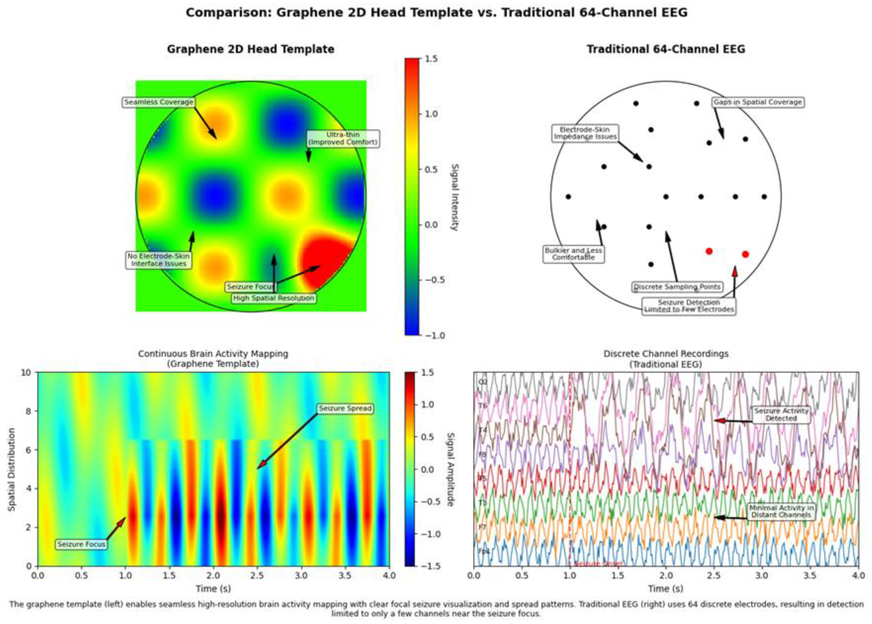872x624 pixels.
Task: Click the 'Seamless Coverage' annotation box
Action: click(159, 102)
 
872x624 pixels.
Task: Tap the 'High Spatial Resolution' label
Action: click(274, 298)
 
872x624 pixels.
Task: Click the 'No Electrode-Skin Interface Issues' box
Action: click(159, 260)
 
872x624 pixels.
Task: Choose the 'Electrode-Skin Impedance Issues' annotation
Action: click(585, 133)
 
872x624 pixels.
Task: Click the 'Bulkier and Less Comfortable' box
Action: click(573, 254)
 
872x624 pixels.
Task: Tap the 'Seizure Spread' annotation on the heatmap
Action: click(345, 408)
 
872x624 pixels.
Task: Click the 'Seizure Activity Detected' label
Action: click(781, 415)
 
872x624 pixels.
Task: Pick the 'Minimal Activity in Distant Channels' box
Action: click(781, 512)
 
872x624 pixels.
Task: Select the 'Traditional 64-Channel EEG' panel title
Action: click(666, 49)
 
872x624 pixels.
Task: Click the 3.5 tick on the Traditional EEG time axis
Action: click(810, 576)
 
